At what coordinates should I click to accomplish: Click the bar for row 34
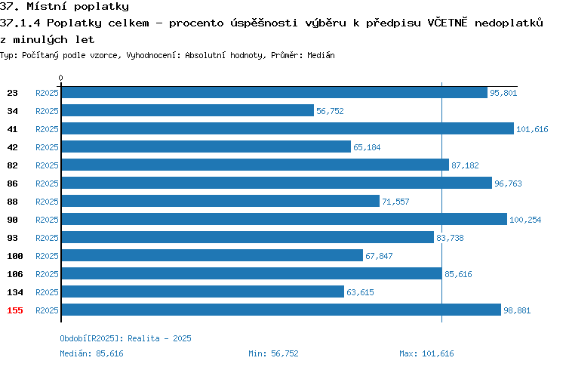coord(188,110)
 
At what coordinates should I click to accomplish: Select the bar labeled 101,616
coord(288,128)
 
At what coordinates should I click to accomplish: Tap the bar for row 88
coord(220,201)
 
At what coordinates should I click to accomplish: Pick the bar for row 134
coord(203,291)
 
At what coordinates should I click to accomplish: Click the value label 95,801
coord(503,93)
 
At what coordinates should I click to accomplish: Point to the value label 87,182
coord(465,165)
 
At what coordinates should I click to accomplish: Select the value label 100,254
coord(525,220)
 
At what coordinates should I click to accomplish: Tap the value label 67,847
coord(379,256)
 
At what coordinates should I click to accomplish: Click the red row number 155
coord(15,310)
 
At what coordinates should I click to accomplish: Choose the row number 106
coord(15,274)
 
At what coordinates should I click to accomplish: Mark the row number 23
coord(12,93)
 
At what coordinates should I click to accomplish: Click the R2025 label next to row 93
coord(47,238)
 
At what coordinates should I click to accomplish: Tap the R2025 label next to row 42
coord(47,147)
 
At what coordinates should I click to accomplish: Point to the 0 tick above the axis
coord(60,78)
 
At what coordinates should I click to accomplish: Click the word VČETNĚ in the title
coord(448,23)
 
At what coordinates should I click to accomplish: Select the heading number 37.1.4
coord(20,23)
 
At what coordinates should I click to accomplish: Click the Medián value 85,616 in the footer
coord(109,353)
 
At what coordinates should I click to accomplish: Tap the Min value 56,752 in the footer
coord(285,353)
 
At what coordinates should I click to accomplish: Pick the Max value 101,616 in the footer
coord(438,353)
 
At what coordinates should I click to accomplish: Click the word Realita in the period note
coord(143,338)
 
